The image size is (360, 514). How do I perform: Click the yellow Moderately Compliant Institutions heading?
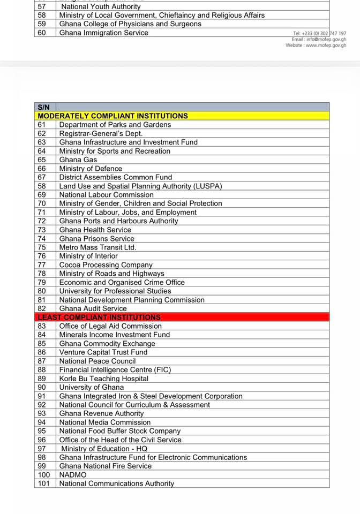click(112, 116)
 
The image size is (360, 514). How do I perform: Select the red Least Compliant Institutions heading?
click(99, 318)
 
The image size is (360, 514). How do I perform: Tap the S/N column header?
click(44, 107)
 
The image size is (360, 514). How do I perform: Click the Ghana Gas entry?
click(78, 160)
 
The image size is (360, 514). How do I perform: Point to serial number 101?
click(43, 483)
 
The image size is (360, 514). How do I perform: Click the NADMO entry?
click(73, 475)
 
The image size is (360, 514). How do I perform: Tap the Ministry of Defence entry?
click(91, 169)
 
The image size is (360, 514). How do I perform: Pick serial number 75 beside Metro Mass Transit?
click(42, 247)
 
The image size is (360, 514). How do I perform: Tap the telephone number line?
click(319, 33)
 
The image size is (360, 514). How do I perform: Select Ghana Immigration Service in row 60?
click(104, 33)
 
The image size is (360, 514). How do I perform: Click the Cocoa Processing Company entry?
click(106, 265)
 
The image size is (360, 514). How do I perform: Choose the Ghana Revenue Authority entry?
click(102, 413)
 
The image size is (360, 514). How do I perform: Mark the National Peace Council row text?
click(97, 361)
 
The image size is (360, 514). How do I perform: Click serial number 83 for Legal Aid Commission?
click(42, 326)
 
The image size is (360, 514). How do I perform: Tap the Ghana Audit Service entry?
click(93, 308)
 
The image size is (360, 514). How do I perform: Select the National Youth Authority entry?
click(101, 7)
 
